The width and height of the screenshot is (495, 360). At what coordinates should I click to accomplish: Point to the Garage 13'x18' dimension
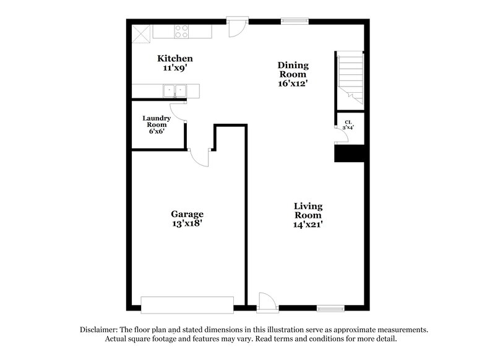(x=187, y=225)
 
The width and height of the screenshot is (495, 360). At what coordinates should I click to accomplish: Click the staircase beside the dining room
(x=350, y=77)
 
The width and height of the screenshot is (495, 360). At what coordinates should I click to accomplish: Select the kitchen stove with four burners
(x=181, y=31)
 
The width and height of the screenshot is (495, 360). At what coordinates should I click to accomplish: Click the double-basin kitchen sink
(x=174, y=92)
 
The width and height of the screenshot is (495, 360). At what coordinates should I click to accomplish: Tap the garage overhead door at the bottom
(x=187, y=304)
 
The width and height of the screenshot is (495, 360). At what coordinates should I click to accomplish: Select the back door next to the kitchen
(x=237, y=28)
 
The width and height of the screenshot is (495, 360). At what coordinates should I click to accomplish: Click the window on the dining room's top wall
(x=295, y=22)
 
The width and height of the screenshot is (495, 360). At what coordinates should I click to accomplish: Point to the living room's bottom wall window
(x=330, y=307)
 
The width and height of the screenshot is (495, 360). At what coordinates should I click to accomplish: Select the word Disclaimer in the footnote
(x=98, y=330)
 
